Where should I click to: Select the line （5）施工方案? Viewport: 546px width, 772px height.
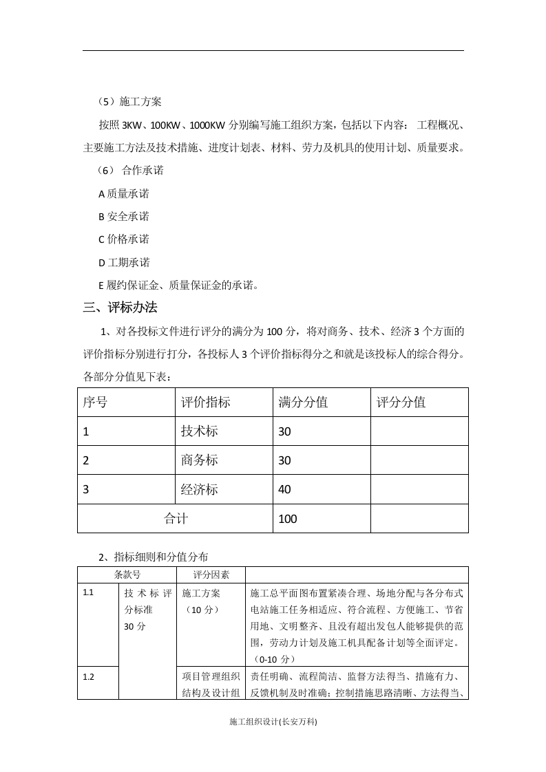(130, 102)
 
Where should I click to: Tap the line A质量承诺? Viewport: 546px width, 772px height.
(125, 193)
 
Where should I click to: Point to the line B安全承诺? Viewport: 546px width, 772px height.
(125, 216)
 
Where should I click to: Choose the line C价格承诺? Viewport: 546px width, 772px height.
(125, 239)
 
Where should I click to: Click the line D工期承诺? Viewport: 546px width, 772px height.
(125, 262)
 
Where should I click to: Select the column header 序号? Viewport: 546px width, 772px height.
(95, 403)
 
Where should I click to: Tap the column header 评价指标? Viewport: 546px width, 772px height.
(205, 403)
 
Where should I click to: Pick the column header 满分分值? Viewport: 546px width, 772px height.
(303, 403)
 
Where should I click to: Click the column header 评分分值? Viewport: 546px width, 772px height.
(401, 403)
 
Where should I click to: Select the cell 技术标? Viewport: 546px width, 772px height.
(199, 431)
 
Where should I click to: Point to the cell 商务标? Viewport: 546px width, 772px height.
(199, 460)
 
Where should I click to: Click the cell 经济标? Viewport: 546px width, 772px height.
(199, 490)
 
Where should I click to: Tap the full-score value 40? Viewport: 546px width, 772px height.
(285, 490)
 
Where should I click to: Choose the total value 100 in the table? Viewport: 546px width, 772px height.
(288, 519)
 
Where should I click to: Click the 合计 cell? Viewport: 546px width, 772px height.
(176, 519)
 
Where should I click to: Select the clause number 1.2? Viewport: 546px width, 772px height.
(88, 676)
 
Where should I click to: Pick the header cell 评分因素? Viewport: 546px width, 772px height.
(211, 575)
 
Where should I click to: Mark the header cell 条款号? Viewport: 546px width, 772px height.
(127, 575)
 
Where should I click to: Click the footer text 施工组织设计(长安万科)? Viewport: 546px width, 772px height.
(273, 722)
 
